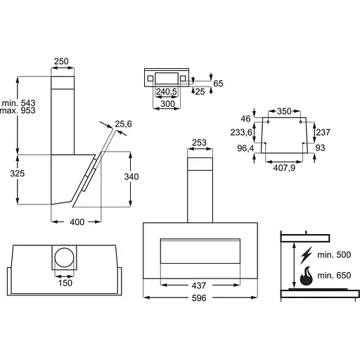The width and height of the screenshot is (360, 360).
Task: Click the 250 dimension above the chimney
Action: [x=61, y=61]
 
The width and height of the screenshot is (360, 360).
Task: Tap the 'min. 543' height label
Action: [x=18, y=103]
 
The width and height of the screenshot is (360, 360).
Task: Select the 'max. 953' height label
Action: [x=18, y=110]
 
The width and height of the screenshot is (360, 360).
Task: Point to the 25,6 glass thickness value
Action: [x=123, y=124]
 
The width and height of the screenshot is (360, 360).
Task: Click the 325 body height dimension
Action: [x=18, y=174]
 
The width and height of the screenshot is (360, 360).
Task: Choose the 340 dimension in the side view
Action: [x=131, y=176]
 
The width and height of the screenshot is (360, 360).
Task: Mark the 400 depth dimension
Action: [x=77, y=221]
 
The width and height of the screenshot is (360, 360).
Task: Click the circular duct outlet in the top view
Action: [x=64, y=257]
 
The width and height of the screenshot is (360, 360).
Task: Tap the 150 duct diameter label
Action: [x=65, y=283]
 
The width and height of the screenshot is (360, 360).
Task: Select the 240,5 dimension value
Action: [x=167, y=91]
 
